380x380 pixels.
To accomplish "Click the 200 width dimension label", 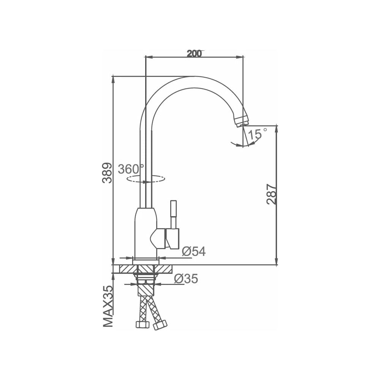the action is [195, 54].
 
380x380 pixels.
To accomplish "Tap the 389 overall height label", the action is [107, 173].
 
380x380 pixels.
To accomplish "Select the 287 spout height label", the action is [271, 194].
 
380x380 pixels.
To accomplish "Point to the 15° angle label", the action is [258, 134].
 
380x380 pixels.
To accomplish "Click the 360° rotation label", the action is [131, 169].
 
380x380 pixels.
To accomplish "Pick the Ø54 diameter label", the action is [194, 251].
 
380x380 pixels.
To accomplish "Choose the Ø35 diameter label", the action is [186, 279].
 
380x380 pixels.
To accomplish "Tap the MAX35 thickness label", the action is [108, 306].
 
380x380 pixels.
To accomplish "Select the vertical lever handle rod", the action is [173, 214].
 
